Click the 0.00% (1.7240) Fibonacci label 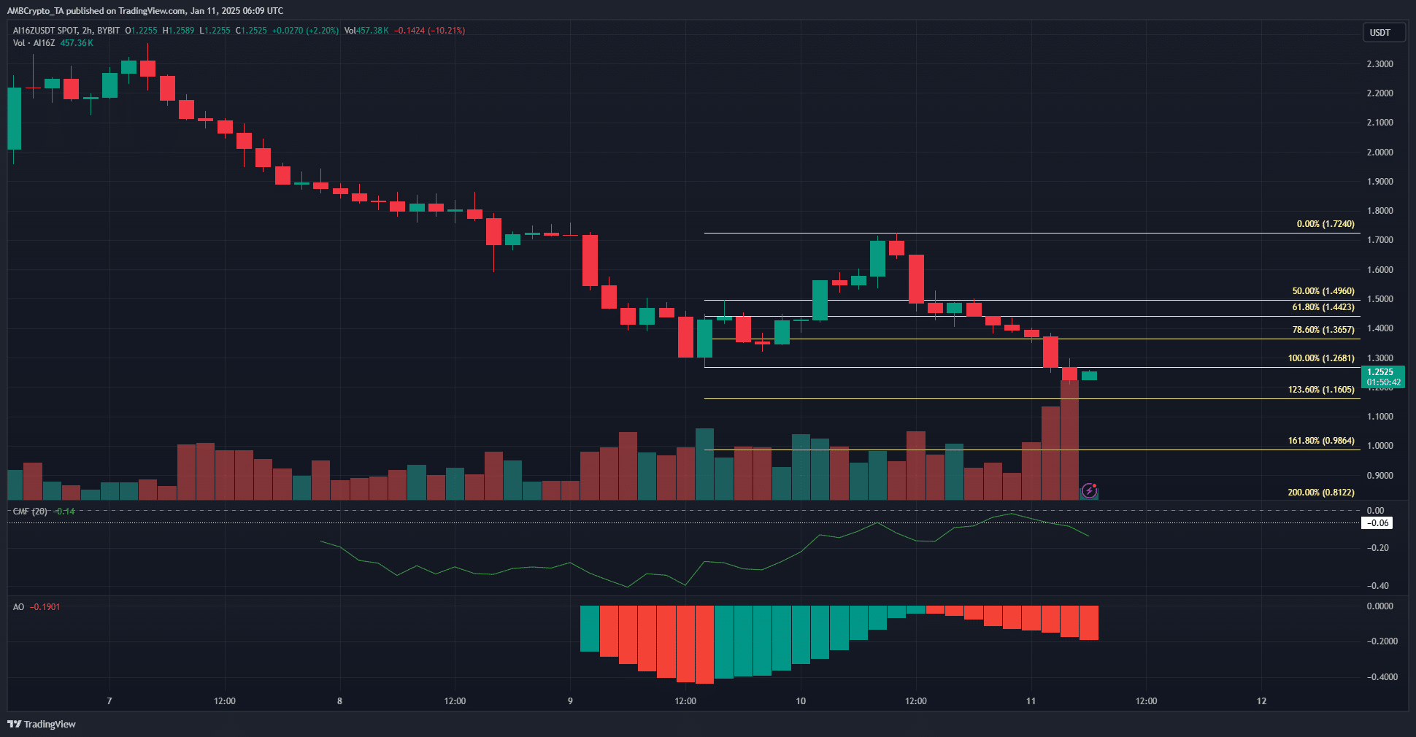pos(1325,224)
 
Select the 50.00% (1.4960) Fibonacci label pos(1323,291)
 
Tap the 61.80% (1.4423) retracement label pos(1323,307)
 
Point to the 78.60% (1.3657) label pos(1323,330)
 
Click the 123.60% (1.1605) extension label pos(1320,390)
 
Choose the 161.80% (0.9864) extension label pos(1320,441)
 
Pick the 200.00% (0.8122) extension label pos(1320,493)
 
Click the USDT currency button pos(1382,33)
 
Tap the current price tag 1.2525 pos(1382,372)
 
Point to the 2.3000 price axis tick pos(1380,64)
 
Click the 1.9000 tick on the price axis pos(1380,182)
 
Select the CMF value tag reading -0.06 pos(1377,523)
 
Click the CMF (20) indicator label pos(30,512)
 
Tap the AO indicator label pos(18,607)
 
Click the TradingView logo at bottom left pos(42,724)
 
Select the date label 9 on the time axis pos(570,701)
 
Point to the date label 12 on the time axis pos(1261,701)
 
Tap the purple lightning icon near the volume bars pos(1089,490)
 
